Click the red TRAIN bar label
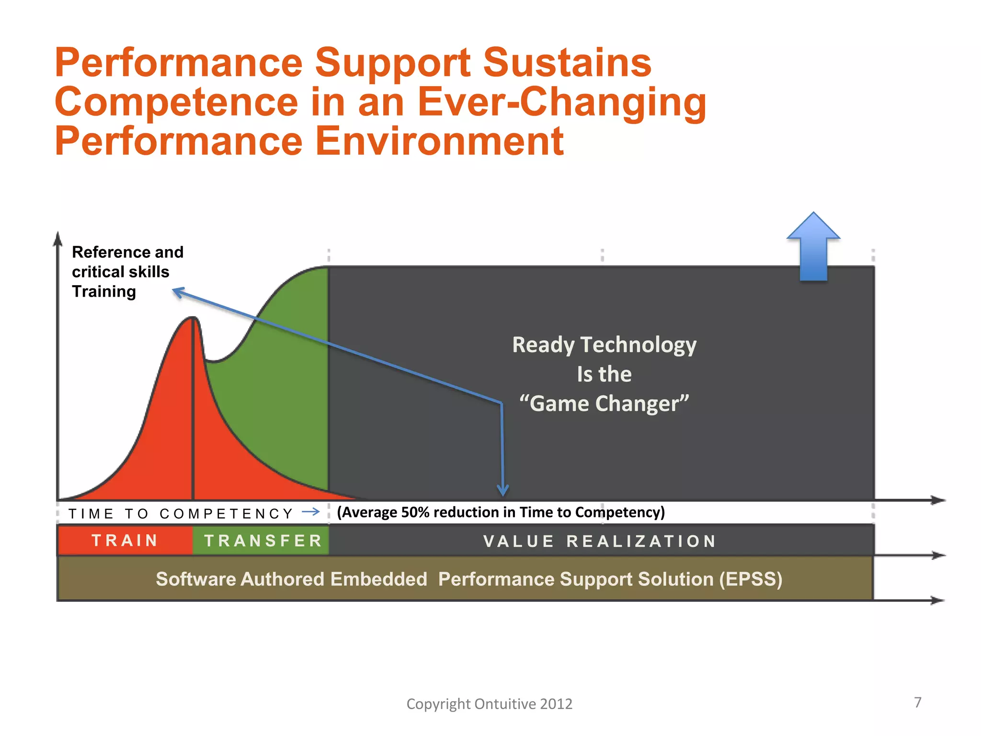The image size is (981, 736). [125, 540]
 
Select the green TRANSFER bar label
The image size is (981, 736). [263, 540]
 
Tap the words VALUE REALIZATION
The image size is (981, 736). [600, 541]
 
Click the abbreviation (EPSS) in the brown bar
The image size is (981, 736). [750, 579]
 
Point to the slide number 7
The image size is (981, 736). [917, 702]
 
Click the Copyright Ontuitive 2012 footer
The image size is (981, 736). [489, 703]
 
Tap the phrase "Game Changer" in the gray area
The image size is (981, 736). [604, 403]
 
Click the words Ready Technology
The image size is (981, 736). [604, 345]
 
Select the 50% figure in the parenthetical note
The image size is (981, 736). [415, 512]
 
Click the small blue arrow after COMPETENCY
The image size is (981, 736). [311, 512]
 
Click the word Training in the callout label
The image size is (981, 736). [104, 291]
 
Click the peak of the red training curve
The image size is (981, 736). [193, 318]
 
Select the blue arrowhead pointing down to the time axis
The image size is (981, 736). [502, 491]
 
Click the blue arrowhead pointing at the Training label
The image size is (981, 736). [178, 291]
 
